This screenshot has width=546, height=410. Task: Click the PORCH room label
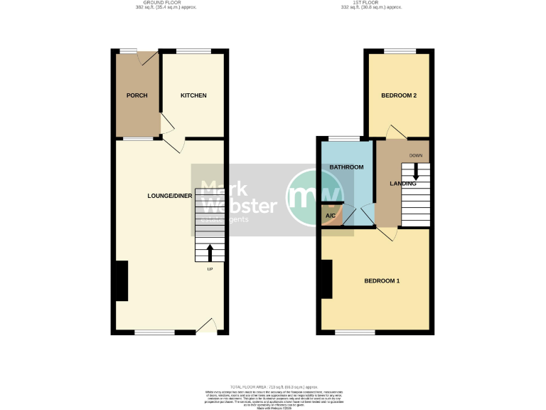(x=136, y=95)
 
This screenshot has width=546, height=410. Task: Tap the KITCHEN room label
(x=193, y=95)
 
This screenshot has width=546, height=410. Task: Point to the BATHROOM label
(x=346, y=167)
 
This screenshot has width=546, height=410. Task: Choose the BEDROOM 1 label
(x=382, y=280)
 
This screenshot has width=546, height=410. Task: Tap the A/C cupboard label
(x=331, y=215)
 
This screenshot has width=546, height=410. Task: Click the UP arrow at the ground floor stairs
(x=210, y=253)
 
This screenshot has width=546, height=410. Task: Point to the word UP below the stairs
(x=210, y=270)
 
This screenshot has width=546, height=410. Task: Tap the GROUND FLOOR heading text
(x=166, y=3)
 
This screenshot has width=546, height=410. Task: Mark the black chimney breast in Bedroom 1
(x=326, y=279)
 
